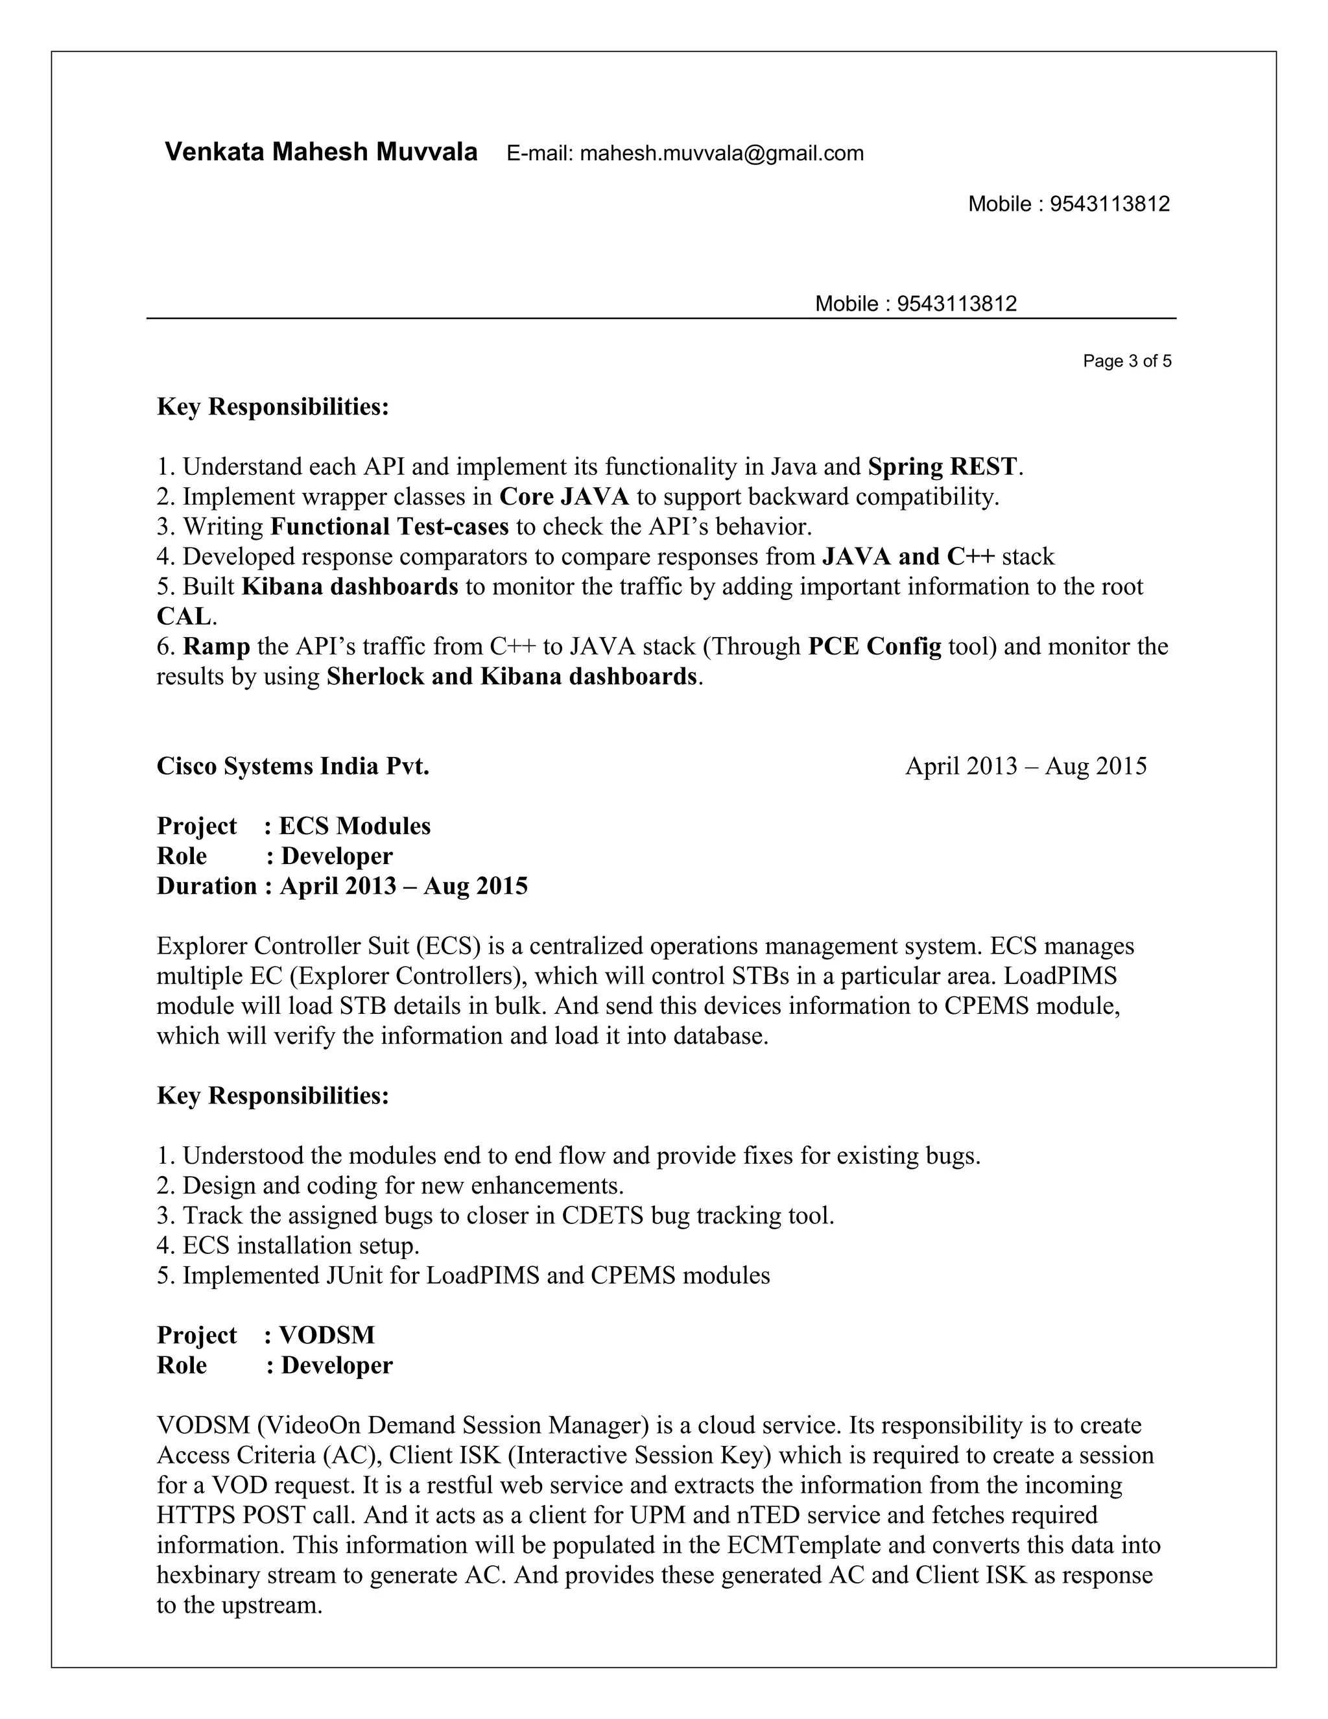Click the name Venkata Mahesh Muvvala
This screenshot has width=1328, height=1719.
[x=320, y=152]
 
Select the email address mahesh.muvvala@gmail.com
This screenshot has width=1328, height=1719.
[x=722, y=154]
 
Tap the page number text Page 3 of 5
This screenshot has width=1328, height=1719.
[x=1126, y=361]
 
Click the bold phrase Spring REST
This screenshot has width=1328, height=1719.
[x=942, y=467]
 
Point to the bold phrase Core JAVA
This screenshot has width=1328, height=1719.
[x=564, y=497]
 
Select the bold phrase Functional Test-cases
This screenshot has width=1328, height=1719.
[x=390, y=527]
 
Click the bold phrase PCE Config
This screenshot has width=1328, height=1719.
[x=874, y=646]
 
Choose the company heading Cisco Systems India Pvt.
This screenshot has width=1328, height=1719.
[x=292, y=766]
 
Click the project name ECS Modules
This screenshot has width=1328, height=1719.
[x=355, y=826]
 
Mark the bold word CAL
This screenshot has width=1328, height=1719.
[x=184, y=616]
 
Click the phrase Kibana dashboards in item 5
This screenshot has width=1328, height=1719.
[x=350, y=586]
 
